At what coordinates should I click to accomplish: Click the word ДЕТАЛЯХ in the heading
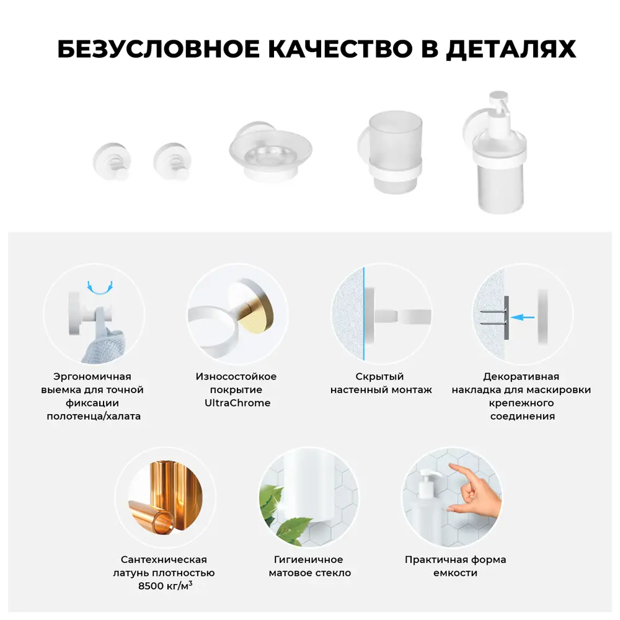tap(510, 50)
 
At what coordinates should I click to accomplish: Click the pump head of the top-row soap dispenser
tap(498, 105)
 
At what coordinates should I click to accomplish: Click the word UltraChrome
tap(237, 403)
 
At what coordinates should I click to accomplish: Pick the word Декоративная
tap(521, 376)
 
